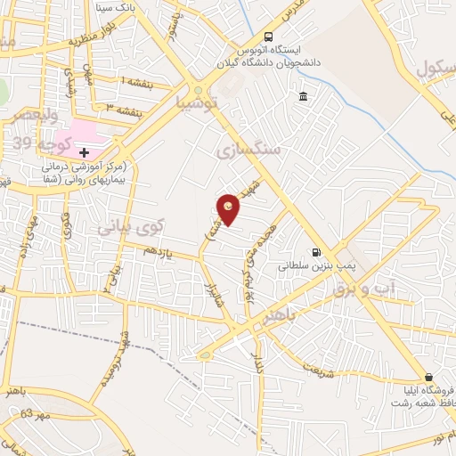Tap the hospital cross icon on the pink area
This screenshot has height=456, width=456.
pyautogui.click(x=85, y=152)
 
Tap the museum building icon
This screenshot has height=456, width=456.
pyautogui.click(x=304, y=96)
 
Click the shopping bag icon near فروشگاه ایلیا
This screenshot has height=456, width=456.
pyautogui.click(x=429, y=378)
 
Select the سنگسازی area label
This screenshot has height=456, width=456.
pyautogui.click(x=248, y=151)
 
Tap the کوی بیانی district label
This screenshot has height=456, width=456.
pyautogui.click(x=130, y=228)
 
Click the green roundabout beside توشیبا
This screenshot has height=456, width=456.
pyautogui.click(x=198, y=90)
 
